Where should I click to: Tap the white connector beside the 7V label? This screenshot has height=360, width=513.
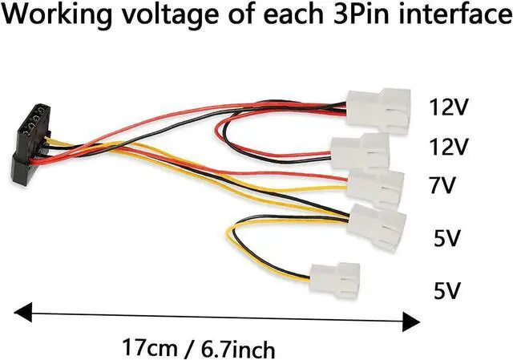pyautogui.click(x=375, y=187)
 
